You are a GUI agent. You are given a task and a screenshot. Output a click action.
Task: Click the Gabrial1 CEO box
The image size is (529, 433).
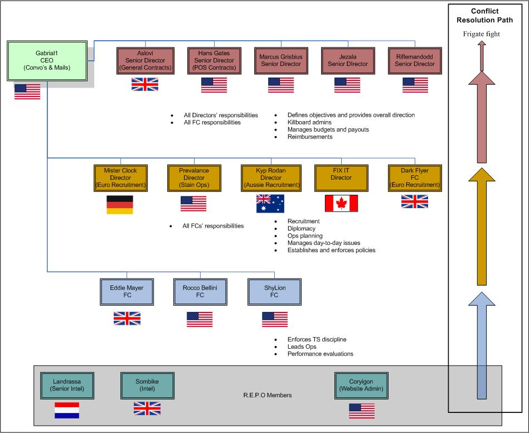click(x=47, y=60)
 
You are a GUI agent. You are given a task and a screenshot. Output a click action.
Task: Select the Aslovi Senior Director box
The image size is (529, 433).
click(x=145, y=60)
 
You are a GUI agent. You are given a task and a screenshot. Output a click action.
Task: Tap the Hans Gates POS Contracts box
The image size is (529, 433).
click(x=214, y=60)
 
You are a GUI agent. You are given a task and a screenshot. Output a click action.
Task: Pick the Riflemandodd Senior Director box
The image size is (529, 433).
click(x=415, y=60)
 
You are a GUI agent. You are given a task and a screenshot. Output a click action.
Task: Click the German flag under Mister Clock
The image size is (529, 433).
click(x=120, y=205)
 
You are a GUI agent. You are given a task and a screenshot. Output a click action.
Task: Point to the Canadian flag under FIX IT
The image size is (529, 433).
click(x=341, y=204)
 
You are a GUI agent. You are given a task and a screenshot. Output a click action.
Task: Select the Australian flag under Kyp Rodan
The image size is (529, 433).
click(x=270, y=204)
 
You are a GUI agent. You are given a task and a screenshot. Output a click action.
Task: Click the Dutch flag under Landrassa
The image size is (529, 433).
click(x=67, y=411)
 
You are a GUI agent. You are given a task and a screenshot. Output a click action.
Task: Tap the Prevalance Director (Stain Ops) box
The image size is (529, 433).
click(x=193, y=177)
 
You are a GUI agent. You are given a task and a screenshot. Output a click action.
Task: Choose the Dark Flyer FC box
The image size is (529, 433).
click(x=415, y=177)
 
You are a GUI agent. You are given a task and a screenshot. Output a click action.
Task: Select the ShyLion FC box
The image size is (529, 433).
click(x=274, y=292)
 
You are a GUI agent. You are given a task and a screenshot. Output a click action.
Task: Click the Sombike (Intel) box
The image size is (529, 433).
click(x=147, y=385)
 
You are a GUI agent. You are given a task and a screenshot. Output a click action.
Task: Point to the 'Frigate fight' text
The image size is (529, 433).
click(x=481, y=34)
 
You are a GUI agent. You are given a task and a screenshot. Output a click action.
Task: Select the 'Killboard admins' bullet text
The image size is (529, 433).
click(x=309, y=122)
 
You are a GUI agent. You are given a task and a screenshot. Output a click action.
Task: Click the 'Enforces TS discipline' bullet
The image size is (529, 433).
click(x=317, y=339)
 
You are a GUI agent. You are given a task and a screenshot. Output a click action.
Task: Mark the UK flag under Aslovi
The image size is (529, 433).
click(x=145, y=84)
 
